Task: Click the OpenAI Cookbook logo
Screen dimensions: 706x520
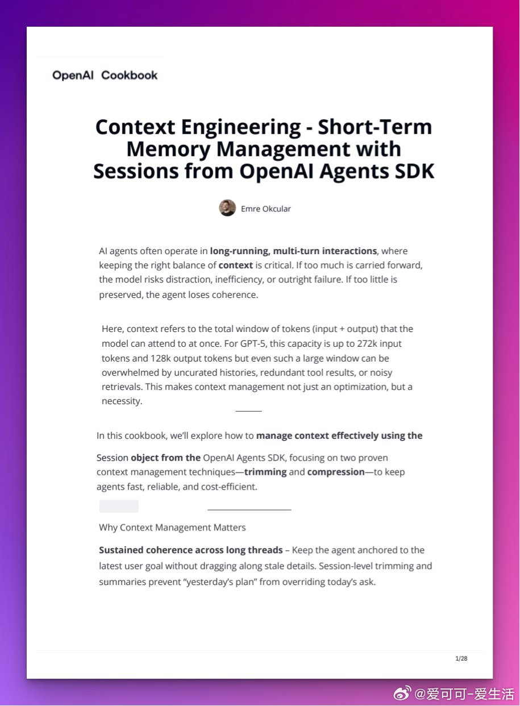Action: point(105,75)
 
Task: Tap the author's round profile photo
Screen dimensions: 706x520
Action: point(227,208)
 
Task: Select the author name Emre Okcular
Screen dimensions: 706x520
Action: point(265,209)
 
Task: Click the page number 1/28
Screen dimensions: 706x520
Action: point(461,658)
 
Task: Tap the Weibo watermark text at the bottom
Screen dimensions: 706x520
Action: point(464,693)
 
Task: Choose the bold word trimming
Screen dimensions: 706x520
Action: point(265,472)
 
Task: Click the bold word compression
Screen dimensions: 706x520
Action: point(336,472)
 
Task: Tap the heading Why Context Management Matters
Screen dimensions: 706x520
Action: point(172,528)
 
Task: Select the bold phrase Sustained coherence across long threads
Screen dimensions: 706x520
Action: point(191,550)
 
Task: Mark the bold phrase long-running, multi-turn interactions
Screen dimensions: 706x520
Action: point(293,251)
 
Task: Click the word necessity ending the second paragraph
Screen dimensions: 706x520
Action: point(121,401)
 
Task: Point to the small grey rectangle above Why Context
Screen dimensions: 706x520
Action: point(119,506)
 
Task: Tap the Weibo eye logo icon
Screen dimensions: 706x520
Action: point(403,693)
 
